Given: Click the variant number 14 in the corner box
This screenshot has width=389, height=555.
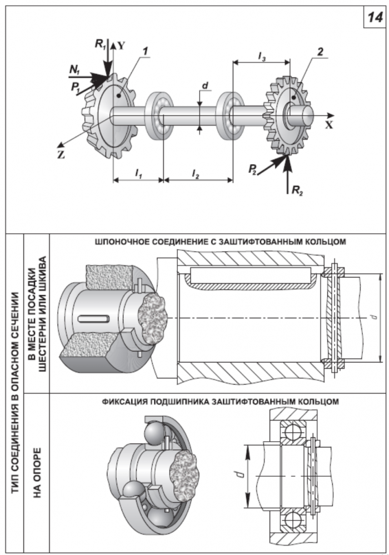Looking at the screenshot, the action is [375, 17].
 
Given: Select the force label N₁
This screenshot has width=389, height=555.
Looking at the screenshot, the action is [75, 70].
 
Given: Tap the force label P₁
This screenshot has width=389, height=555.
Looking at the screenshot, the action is [76, 87].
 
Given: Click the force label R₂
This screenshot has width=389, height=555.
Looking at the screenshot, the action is [297, 190].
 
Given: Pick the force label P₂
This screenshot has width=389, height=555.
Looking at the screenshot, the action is [252, 169].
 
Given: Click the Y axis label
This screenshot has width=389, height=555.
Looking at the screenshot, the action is [122, 46].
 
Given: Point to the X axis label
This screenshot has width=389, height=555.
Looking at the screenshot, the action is [329, 124].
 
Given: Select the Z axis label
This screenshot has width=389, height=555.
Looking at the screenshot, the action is [61, 155].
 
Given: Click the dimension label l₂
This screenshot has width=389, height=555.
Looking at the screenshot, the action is [195, 173].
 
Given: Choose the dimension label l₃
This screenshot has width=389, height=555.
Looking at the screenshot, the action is [261, 56].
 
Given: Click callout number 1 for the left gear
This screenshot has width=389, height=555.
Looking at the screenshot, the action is [145, 51].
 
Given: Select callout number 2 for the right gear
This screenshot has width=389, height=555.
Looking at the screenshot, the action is [320, 52].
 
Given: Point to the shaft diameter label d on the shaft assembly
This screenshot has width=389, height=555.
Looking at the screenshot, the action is [205, 85].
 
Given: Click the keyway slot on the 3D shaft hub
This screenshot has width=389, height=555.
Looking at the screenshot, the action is [93, 319].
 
